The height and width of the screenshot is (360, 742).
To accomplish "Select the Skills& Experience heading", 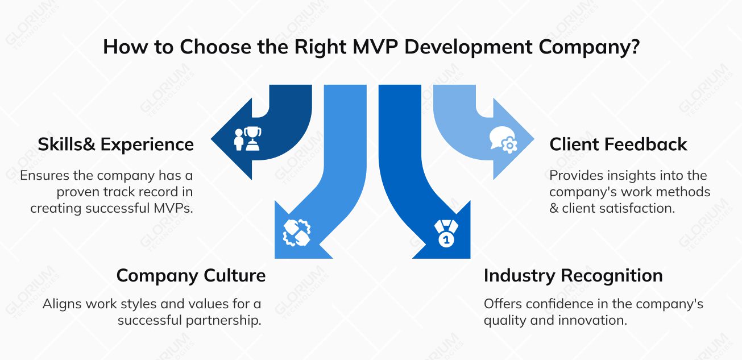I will [116, 144].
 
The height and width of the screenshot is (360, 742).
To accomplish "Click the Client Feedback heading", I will [618, 144].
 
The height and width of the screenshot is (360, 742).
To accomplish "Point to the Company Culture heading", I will [190, 276].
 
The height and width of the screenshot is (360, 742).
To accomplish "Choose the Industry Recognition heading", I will [573, 276].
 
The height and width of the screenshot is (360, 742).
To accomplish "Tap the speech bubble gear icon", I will [503, 140].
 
